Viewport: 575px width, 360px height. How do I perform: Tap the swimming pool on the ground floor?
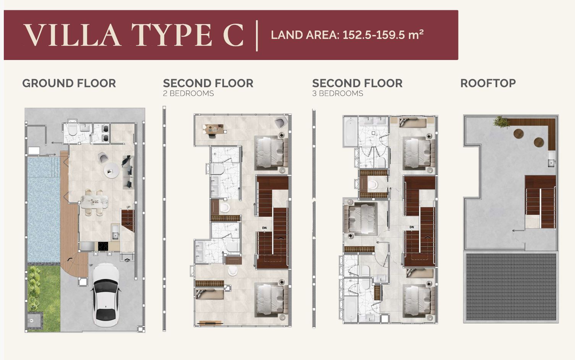(44, 209)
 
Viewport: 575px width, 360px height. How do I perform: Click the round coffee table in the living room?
(112, 170)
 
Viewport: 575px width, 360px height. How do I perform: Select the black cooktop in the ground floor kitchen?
(103, 246)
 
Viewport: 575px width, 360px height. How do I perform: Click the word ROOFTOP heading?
(488, 83)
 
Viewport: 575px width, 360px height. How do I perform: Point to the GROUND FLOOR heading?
(69, 83)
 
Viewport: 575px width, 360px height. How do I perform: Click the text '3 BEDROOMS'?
(338, 94)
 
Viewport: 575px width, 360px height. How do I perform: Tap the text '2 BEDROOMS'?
(188, 94)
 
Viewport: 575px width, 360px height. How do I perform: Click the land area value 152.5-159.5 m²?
(383, 35)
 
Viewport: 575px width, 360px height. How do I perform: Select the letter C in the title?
(233, 35)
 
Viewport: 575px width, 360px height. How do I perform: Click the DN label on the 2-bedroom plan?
(264, 228)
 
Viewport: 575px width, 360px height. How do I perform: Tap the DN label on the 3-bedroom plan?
(412, 227)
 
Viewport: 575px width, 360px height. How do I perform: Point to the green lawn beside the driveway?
(44, 298)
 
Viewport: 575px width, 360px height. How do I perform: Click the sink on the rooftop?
(551, 159)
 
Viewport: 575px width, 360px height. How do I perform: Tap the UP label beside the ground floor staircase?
(128, 207)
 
